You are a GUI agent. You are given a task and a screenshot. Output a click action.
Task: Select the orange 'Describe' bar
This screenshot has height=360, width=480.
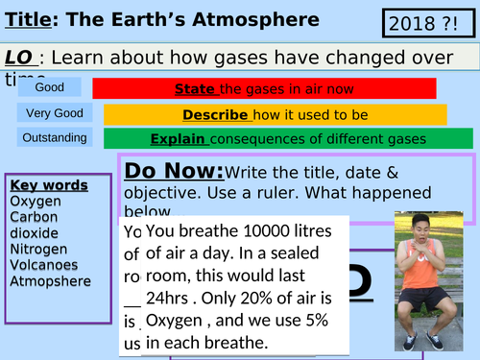275,114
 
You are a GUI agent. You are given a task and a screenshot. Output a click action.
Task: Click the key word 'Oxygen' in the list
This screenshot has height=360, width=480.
35,202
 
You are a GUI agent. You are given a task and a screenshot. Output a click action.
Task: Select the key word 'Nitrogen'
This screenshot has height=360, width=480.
38,250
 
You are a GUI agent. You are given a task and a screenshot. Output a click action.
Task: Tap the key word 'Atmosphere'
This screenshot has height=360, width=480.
50,281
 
